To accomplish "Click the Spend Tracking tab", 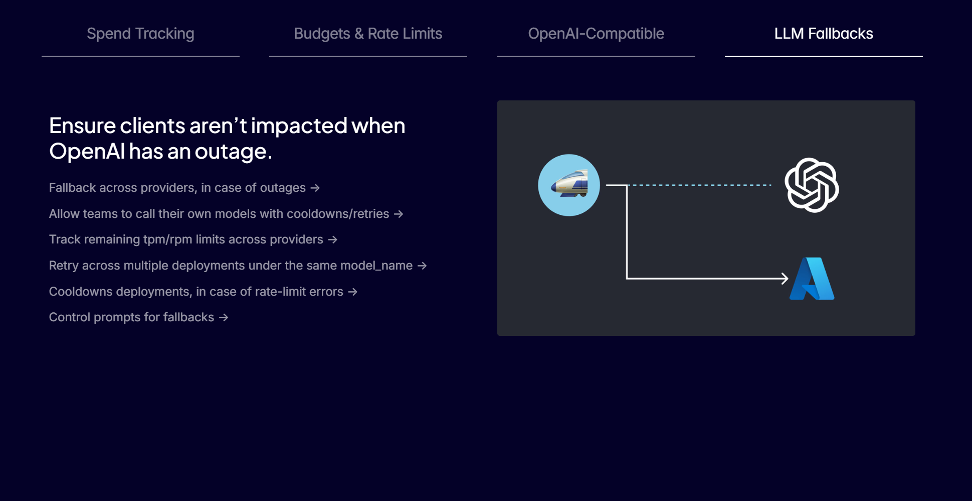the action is (140, 34).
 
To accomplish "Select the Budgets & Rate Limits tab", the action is (368, 34).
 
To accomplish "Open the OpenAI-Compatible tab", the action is (596, 34).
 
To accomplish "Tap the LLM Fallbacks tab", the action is (824, 34).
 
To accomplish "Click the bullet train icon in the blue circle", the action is (569, 185).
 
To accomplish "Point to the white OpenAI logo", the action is (812, 185).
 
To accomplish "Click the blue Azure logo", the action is (812, 279).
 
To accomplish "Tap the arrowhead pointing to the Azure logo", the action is (785, 278).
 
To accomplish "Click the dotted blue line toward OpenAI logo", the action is (700, 185).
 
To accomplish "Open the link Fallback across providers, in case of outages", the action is (184, 188).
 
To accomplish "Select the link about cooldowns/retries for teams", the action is (226, 214).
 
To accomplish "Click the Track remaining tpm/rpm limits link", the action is (193, 239).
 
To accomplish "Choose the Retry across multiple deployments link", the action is (238, 266).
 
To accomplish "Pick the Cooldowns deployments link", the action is (203, 292).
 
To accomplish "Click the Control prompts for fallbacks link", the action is (138, 317).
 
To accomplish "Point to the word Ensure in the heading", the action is (82, 126).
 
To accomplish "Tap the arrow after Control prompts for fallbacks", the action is (224, 317).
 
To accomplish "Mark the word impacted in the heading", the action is (299, 126).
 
